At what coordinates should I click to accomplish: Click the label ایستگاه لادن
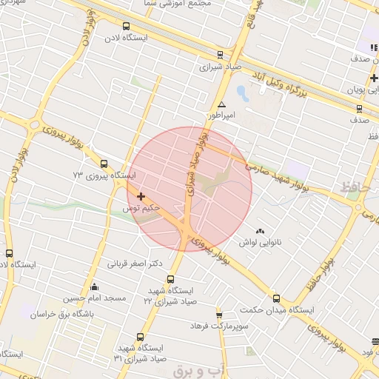[x=126, y=36]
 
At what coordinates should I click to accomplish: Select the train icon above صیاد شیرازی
[x=220, y=54]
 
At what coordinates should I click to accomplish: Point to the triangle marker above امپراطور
[x=222, y=105]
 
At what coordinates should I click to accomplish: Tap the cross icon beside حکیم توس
[x=141, y=196]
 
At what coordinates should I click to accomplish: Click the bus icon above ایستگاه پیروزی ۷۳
[x=104, y=164]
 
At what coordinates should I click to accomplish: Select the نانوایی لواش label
[x=258, y=242]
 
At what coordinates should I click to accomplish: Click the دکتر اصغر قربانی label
[x=135, y=264]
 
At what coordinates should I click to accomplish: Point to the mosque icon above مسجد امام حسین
[x=94, y=287]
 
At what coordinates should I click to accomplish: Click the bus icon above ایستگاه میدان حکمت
[x=276, y=298]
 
